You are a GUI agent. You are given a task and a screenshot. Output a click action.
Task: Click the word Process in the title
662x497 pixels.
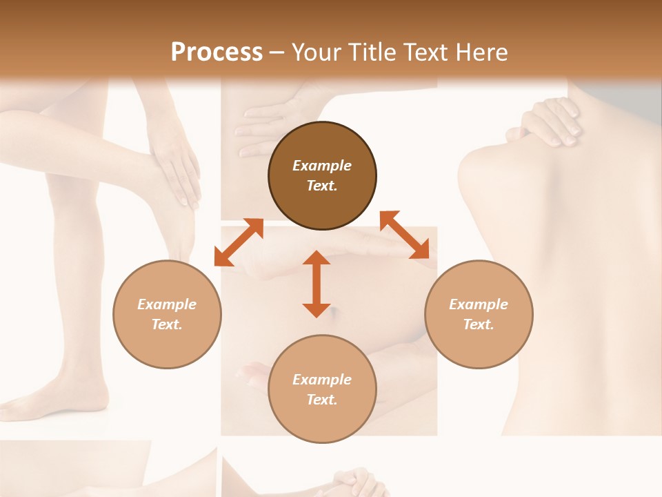point(217,52)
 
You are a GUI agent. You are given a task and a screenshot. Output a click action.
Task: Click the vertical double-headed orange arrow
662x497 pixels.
point(317,284)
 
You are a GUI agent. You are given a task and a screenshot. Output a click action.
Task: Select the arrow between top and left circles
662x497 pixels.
point(239,242)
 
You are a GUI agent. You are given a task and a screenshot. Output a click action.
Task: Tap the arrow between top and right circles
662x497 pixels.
point(405,235)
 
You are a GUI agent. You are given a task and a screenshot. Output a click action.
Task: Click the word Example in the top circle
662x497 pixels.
point(322,166)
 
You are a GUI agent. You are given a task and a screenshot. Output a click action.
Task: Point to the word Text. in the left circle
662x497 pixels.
point(167,324)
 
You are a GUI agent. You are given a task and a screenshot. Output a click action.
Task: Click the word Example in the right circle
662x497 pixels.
point(479,304)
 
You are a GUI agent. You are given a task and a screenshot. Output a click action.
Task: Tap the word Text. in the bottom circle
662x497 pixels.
point(322,400)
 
